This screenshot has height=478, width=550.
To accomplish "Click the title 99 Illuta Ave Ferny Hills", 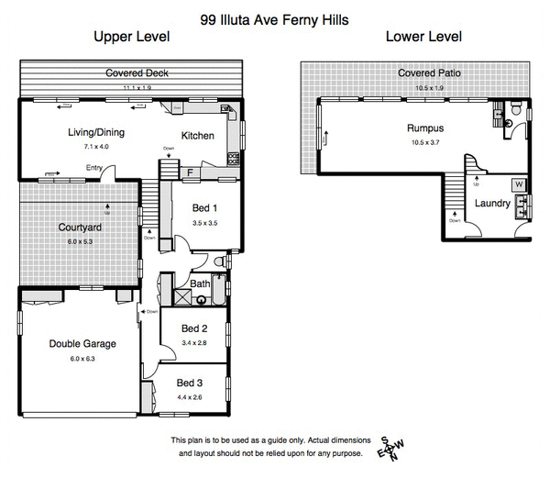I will [x=274, y=17].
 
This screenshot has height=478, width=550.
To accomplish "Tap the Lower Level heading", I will [x=423, y=38].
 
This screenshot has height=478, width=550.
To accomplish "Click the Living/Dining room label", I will [x=96, y=132].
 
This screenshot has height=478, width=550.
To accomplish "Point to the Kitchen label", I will [x=198, y=136].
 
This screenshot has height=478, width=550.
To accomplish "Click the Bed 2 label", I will [x=193, y=328].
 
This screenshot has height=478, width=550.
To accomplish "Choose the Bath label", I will [x=200, y=284].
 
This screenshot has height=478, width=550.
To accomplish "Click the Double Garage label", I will [x=82, y=344].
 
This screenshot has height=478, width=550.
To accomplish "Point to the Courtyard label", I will [x=80, y=228].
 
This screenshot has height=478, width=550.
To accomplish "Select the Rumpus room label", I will [x=424, y=128].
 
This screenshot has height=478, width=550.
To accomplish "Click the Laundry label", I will [x=491, y=203].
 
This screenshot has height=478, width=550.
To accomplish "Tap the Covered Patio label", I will [x=427, y=73].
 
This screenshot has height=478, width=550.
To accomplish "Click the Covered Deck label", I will [x=137, y=72].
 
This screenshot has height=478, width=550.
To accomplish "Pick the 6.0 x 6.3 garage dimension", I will [x=82, y=359].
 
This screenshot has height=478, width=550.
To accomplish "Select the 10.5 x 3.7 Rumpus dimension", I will [x=424, y=142].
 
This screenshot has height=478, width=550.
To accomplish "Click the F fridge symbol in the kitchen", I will [x=190, y=172].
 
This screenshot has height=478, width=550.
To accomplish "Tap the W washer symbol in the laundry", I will [x=518, y=184].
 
